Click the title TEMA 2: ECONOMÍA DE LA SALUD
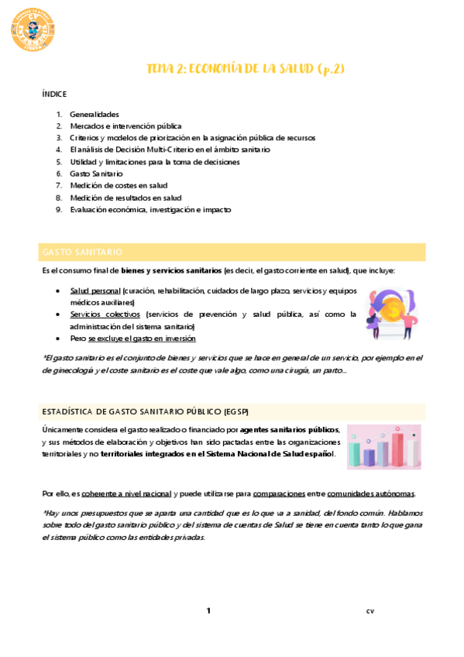tap(246, 69)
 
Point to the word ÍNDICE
tap(54, 94)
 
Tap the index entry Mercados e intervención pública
tap(125, 126)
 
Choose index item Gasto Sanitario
tap(96, 174)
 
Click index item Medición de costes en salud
tap(119, 186)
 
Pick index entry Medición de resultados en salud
tap(125, 198)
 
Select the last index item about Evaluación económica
tap(150, 210)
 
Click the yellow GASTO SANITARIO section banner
tap(232, 253)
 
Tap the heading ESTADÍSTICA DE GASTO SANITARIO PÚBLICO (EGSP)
tap(146, 411)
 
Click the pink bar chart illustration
tap(383, 447)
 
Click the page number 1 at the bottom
tap(208, 611)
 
